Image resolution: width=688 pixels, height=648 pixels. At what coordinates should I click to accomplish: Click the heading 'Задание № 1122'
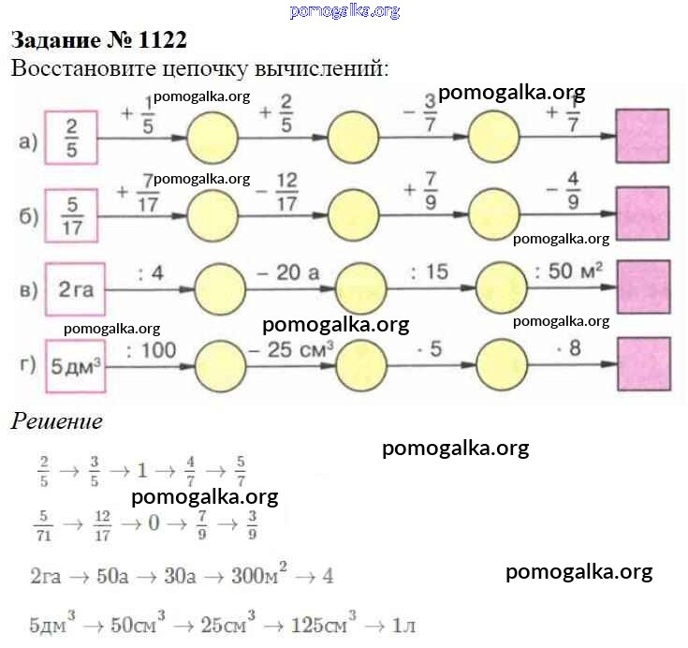pos(98,40)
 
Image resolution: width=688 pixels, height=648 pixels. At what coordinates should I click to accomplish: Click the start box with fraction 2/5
pos(71,138)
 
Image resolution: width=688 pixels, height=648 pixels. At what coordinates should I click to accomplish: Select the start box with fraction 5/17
pos(71,215)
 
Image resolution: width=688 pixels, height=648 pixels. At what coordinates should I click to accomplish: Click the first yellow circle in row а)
pos(214,138)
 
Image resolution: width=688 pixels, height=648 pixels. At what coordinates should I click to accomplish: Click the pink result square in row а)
pos(642,137)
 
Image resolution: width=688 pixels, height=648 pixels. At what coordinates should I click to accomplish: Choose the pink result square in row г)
pos(643,364)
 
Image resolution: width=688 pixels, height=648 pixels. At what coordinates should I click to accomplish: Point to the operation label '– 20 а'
pos(287,272)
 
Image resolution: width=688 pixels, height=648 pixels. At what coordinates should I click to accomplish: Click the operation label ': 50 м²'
pos(568,272)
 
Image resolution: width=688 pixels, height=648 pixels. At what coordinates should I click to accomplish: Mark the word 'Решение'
pos(56,421)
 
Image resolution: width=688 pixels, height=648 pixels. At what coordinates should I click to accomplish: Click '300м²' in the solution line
pos(270,576)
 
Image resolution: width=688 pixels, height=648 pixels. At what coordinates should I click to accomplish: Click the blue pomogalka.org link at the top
pos(344,11)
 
